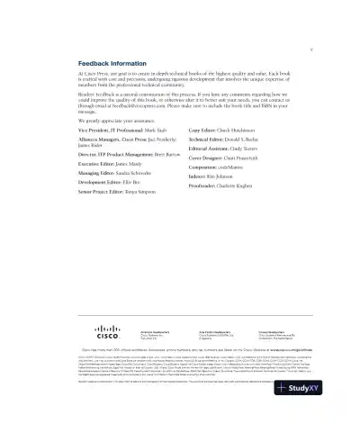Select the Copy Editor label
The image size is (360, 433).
tap(206, 131)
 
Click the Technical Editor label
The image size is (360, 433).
tap(212, 142)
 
